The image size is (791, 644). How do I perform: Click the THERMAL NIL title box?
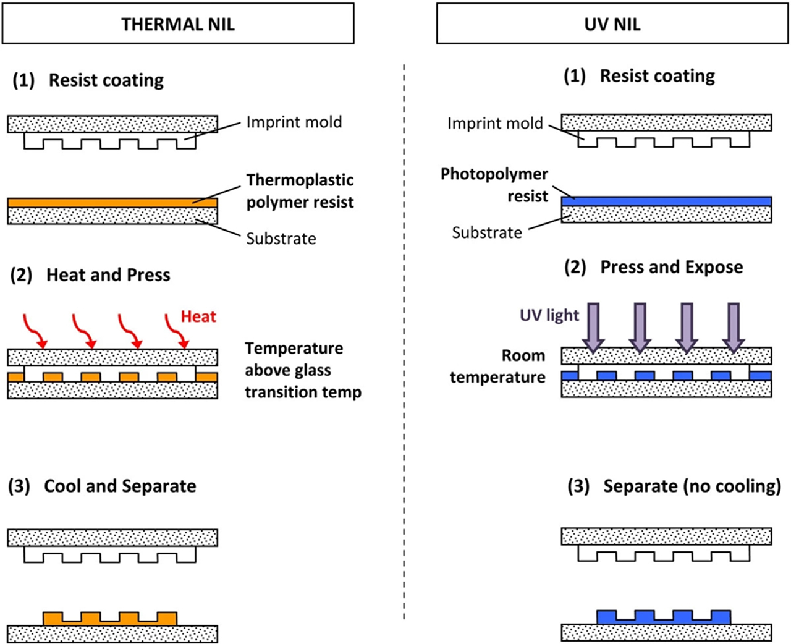click(x=178, y=23)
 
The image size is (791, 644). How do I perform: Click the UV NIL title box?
click(x=612, y=23)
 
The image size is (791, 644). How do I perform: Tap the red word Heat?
click(x=198, y=316)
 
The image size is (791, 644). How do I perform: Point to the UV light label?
click(x=549, y=315)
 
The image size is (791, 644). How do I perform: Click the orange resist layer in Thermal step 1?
click(x=112, y=203)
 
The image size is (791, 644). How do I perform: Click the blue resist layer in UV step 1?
click(x=666, y=201)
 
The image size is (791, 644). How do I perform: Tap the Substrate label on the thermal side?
click(x=281, y=239)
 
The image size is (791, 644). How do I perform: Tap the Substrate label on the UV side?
click(x=487, y=232)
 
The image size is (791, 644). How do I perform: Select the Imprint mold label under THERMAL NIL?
click(x=294, y=122)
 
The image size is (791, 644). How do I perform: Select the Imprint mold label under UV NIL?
click(x=495, y=123)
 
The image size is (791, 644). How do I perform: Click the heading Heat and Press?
click(x=108, y=274)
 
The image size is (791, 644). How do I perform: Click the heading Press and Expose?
click(x=672, y=267)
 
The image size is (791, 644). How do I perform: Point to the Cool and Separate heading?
click(x=120, y=486)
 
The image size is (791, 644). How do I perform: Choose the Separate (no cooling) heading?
click(x=692, y=486)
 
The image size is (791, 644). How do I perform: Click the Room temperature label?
click(x=498, y=366)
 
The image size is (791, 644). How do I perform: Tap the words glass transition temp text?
click(x=303, y=392)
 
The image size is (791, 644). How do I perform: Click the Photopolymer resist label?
click(x=494, y=185)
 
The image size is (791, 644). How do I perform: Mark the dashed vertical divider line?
click(x=404, y=340)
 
